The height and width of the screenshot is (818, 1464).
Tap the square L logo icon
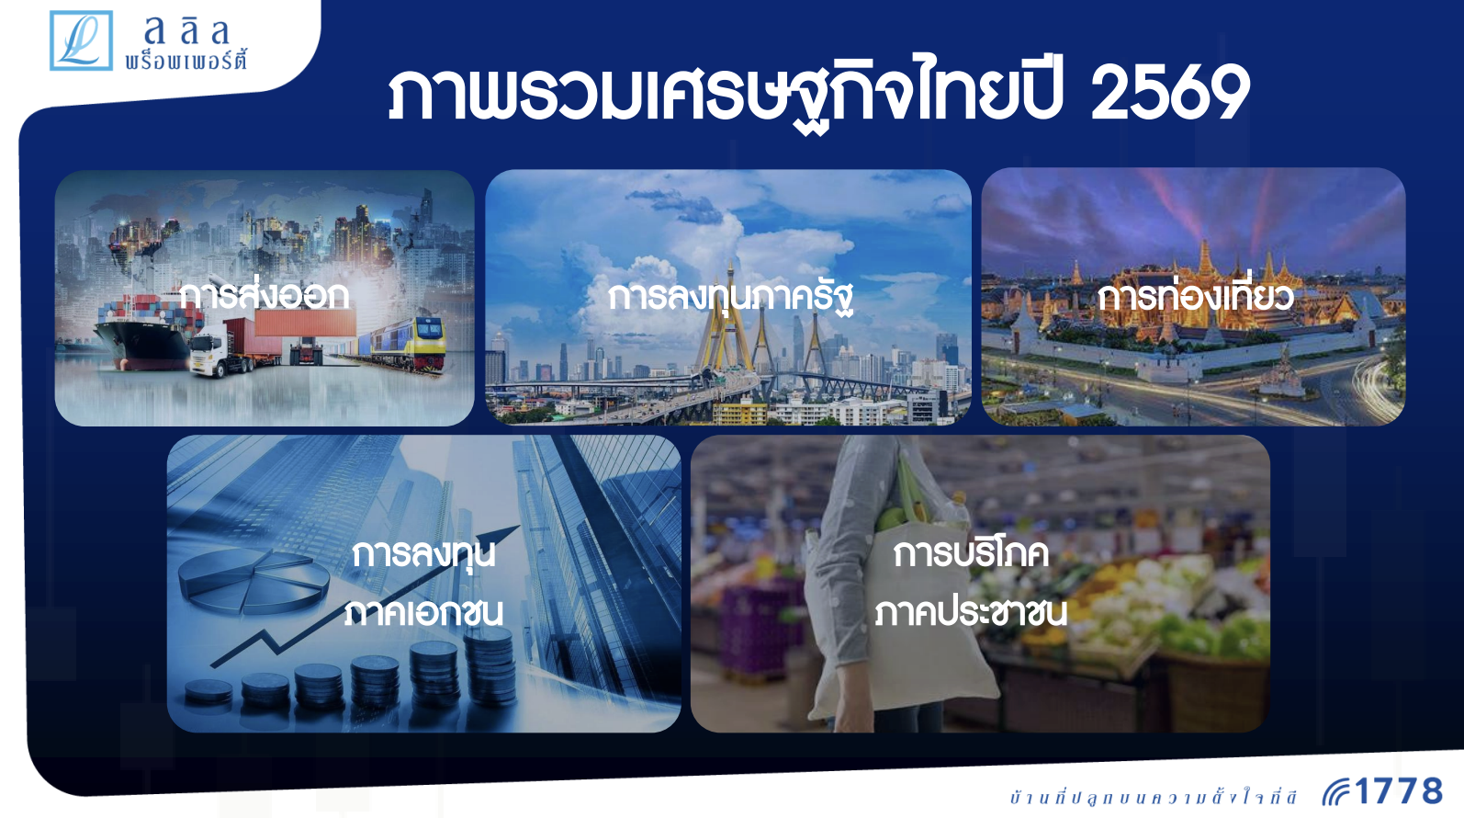point(81,40)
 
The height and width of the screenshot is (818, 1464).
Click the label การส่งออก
point(264,296)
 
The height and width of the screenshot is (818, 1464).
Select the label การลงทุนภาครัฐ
point(730,298)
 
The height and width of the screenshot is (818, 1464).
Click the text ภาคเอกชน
point(423,613)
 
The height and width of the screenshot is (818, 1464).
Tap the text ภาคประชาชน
point(971,613)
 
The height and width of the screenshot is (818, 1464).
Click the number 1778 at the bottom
point(1399,791)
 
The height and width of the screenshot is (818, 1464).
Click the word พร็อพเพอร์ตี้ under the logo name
point(186,60)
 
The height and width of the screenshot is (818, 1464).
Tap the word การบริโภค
point(971,554)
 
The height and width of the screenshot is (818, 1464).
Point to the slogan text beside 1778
point(1154,797)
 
